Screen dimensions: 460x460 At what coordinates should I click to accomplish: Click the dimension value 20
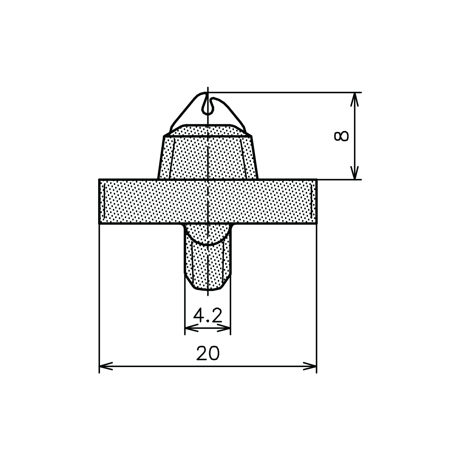(x=208, y=353)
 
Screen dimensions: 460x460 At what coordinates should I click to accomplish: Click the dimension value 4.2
(x=208, y=316)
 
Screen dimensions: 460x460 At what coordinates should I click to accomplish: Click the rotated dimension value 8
(x=341, y=136)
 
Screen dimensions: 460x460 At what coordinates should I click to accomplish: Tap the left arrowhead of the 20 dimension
(x=106, y=366)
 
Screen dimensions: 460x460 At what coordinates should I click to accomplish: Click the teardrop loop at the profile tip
(x=208, y=103)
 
